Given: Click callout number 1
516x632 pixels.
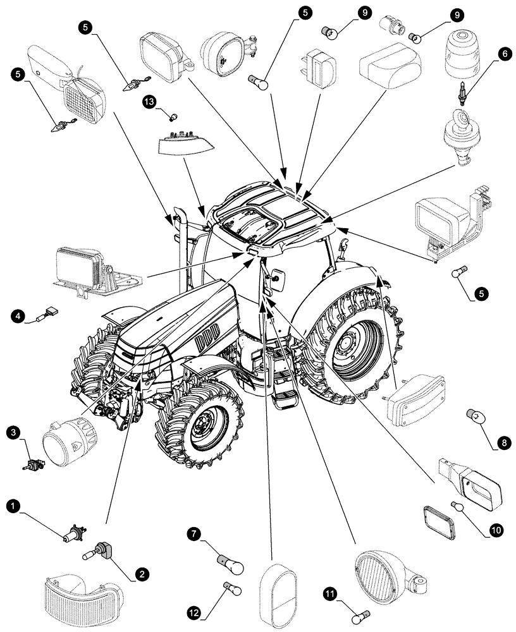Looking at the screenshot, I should point(12,506).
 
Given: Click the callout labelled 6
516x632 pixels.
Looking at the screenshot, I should point(503,54).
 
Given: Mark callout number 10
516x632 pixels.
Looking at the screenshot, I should point(495,530).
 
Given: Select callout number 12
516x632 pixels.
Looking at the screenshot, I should point(194,611).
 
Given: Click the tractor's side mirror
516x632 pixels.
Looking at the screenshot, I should point(276,276).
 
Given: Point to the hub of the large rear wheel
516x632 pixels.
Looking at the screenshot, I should point(347,344).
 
